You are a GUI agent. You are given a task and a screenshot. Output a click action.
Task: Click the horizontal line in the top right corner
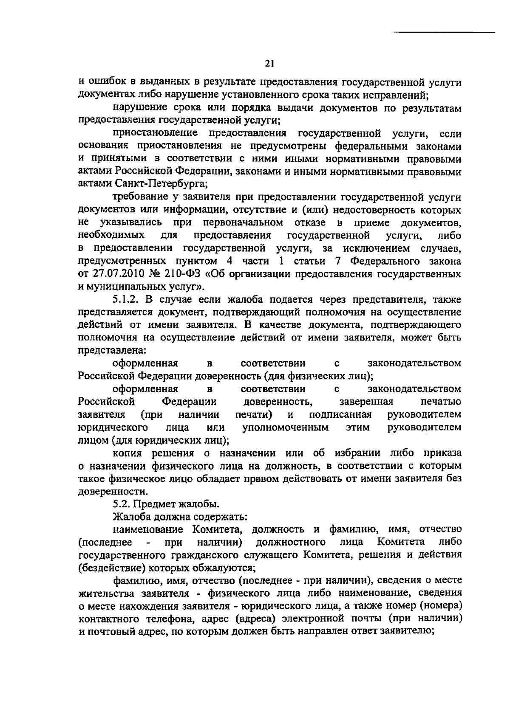(x=444, y=32)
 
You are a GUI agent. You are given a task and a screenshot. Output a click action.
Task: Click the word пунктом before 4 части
(x=193, y=261)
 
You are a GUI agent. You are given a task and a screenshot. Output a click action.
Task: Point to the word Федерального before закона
(x=382, y=261)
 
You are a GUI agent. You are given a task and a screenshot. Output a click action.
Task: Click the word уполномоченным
(x=285, y=427)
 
